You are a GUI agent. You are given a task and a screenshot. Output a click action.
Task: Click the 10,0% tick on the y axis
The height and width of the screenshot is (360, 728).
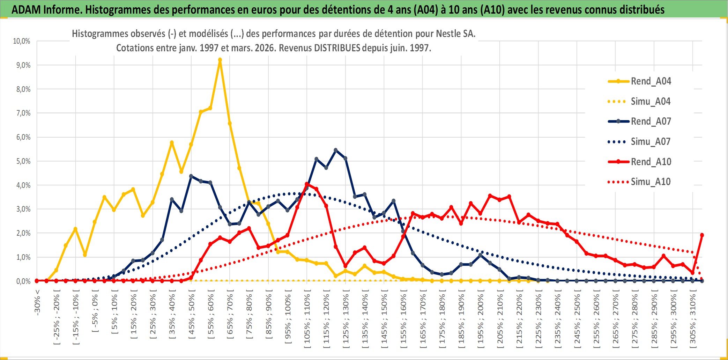[22, 41]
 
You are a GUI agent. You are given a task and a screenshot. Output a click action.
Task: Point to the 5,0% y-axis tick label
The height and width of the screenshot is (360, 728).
[23, 161]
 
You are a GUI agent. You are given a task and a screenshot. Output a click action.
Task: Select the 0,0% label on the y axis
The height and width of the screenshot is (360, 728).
[23, 281]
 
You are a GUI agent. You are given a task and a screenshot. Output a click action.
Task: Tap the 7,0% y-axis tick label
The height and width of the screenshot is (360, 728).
[23, 113]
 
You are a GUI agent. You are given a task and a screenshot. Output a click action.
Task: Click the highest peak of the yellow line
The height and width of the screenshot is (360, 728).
[220, 60]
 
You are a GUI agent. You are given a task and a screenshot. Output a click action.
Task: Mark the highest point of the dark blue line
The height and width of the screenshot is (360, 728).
[336, 150]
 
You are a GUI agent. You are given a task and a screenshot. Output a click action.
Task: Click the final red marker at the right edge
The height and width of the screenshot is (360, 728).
[702, 235]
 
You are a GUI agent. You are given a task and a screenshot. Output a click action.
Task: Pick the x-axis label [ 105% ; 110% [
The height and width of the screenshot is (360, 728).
[307, 321]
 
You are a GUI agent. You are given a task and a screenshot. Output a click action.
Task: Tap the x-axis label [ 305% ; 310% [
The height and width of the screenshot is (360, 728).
[693, 321]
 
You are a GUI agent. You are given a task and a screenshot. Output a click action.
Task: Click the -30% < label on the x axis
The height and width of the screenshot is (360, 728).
[37, 302]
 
